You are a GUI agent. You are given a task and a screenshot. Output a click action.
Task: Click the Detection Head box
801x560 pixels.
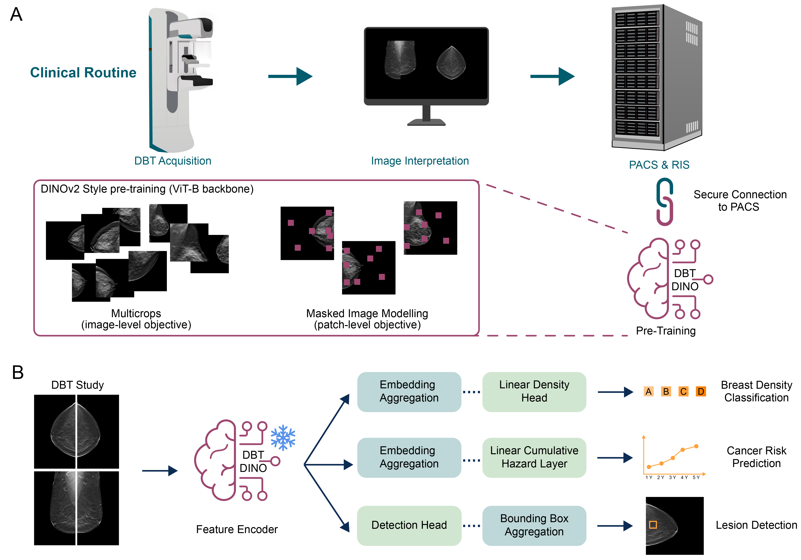pos(409,525)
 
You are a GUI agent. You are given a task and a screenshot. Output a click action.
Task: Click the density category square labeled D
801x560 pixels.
pos(701,392)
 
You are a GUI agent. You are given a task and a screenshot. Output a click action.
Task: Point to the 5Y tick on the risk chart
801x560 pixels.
pos(696,477)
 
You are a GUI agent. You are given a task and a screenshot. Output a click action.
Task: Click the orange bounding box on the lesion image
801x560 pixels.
pos(653,525)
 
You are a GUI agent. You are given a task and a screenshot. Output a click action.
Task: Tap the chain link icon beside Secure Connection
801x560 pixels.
pos(665,202)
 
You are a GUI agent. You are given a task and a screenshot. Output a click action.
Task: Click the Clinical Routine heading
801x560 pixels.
pos(83,72)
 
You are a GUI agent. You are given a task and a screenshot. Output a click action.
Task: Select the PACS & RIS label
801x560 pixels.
pos(659,165)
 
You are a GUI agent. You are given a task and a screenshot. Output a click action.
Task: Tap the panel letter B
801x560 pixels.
pos(18,372)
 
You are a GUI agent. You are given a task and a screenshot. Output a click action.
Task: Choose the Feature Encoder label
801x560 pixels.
pos(237,529)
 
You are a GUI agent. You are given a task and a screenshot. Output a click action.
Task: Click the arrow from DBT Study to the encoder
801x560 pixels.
pos(160,471)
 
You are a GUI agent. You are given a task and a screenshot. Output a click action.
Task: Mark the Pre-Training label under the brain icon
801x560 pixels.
pos(666,331)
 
